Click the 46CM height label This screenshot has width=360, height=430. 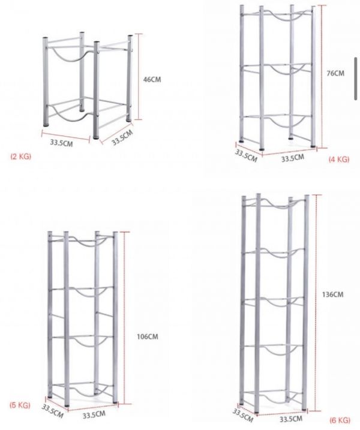tap(152, 80)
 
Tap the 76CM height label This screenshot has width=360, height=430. tap(335, 73)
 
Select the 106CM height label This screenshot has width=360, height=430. tap(148, 336)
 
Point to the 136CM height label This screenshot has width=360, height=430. tap(332, 294)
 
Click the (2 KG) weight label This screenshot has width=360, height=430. tap(21, 157)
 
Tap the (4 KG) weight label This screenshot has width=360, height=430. tap(339, 160)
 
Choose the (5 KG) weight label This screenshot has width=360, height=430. tap(20, 405)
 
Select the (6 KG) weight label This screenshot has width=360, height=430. tap(340, 420)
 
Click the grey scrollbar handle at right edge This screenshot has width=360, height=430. tap(356, 79)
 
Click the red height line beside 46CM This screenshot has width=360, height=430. tap(139, 77)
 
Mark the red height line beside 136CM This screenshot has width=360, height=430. tap(317, 303)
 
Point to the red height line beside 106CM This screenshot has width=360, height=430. tap(125, 318)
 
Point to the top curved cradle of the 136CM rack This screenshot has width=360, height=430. tap(277, 207)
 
